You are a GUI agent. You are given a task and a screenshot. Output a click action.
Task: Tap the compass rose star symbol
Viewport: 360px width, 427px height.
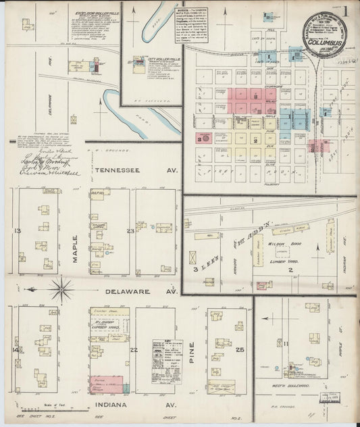tap(61, 290)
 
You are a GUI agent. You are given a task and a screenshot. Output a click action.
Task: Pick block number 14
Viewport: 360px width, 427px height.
tap(16, 349)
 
